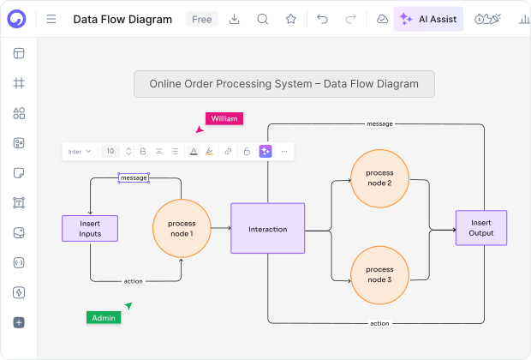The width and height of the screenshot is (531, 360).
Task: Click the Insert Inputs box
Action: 90,228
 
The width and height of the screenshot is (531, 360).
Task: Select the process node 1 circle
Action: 181,228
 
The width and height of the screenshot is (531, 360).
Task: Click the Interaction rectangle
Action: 267,229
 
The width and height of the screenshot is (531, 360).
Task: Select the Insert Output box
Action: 480,228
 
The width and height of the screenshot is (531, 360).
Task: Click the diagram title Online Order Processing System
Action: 283,84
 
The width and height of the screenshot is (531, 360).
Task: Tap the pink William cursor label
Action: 224,118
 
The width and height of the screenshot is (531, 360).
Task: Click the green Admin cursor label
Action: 104,317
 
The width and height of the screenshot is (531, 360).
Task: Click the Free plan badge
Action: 202,19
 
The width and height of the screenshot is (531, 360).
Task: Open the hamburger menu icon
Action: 51,19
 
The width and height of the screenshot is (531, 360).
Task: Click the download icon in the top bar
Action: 235,19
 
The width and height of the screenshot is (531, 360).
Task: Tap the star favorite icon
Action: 290,19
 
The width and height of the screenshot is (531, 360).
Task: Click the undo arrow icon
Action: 322,19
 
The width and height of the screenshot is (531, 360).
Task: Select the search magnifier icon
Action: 263,19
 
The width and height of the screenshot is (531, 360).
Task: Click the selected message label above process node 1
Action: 134,177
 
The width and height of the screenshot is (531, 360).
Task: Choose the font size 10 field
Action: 110,152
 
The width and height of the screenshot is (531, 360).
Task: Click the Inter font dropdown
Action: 80,152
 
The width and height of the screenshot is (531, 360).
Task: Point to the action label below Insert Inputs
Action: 133,281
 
